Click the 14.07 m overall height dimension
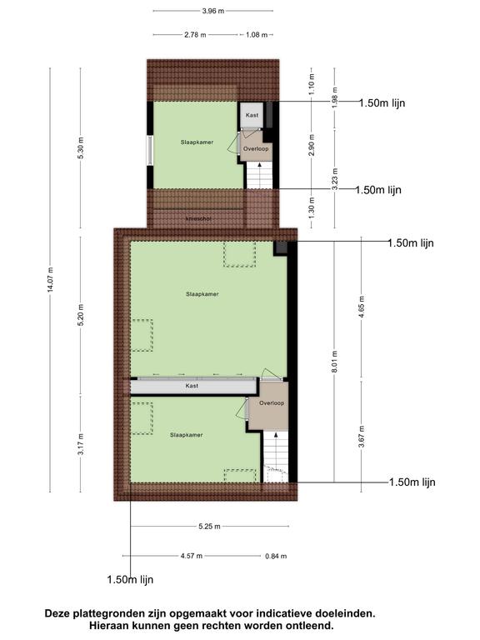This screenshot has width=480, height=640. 50,280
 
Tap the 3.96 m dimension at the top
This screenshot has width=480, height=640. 213,11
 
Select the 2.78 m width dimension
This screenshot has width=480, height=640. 195,35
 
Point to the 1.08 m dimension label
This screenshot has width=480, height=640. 257,35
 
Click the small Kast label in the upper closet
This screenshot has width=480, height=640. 252,115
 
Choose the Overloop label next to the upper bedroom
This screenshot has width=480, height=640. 256,148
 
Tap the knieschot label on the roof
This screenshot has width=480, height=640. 198,219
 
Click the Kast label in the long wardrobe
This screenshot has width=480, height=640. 192,385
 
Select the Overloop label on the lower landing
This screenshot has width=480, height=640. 272,402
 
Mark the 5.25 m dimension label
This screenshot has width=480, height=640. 209,527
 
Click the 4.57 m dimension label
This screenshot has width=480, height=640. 192,556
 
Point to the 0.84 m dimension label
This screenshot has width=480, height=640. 276,556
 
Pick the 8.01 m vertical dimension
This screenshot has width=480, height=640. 335,361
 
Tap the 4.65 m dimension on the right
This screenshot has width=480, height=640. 362,306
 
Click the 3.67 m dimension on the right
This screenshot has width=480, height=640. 362,437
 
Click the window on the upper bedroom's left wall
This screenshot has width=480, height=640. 150,151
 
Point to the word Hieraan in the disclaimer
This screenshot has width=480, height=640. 108,625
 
